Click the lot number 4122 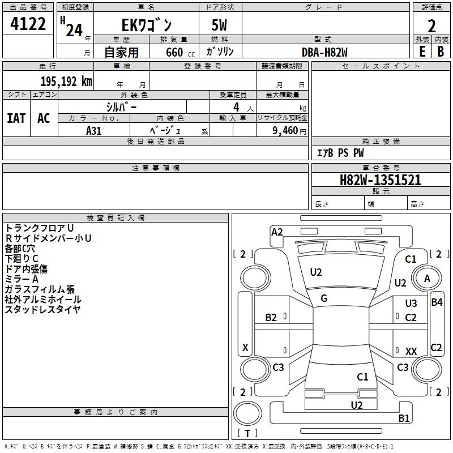click(28, 24)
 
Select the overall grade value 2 click(431, 26)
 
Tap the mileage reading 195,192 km click(66, 82)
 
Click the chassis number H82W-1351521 click(381, 180)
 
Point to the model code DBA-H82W click(324, 52)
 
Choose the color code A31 click(93, 131)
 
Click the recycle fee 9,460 click(285, 131)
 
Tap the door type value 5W click(219, 25)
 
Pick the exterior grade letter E click(422, 52)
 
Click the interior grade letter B click(441, 52)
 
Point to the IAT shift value click(16, 118)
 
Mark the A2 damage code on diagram click(277, 232)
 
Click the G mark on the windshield click(324, 298)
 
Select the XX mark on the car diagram click(411, 351)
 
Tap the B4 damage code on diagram click(437, 302)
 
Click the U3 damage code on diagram click(411, 303)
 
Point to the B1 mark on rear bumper click(404, 418)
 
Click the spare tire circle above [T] click(247, 413)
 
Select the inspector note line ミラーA click(22, 279)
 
